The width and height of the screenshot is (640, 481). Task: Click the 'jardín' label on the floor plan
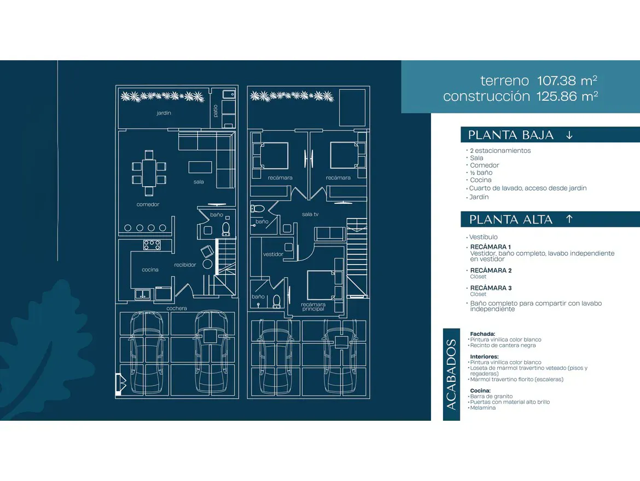tap(164, 113)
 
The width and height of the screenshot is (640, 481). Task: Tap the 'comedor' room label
tap(148, 204)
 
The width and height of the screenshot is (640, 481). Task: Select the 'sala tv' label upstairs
tap(310, 214)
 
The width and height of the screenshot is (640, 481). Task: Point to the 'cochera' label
tap(177, 308)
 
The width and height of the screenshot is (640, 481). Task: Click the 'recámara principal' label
tap(313, 306)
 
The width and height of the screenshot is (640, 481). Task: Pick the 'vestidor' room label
tap(273, 254)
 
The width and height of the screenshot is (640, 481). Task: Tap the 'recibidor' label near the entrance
tap(185, 265)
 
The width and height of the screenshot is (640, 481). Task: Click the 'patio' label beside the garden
tap(216, 111)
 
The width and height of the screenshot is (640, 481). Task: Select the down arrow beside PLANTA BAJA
tap(569, 135)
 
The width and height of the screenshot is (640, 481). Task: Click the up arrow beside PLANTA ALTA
tap(569, 219)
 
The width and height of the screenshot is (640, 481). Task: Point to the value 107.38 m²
tap(567, 81)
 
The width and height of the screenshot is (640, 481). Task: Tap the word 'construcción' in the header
tap(486, 96)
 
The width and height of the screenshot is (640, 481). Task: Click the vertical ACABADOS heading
tap(451, 374)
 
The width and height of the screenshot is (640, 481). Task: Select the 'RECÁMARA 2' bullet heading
tap(491, 271)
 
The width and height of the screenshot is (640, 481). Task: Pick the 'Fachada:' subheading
tap(482, 334)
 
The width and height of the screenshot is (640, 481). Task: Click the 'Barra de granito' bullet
tap(491, 397)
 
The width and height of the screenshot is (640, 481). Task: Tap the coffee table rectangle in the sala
tap(200, 167)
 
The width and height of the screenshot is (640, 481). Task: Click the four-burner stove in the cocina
tap(152, 245)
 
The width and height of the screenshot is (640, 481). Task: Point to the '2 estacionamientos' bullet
tap(500, 151)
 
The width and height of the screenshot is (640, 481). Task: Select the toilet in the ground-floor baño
tap(226, 229)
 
